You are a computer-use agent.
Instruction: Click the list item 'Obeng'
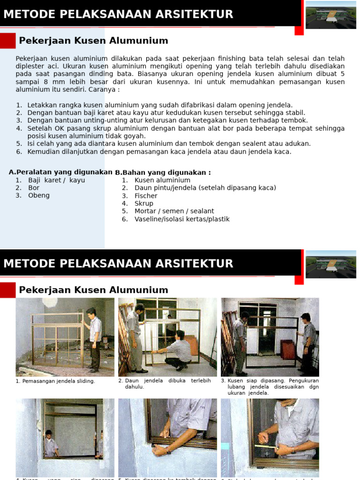click(x=39, y=195)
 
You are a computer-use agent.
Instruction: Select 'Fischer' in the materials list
click(x=146, y=195)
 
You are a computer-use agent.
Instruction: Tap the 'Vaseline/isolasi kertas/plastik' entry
click(x=182, y=219)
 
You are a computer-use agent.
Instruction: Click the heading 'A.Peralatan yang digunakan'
click(x=60, y=172)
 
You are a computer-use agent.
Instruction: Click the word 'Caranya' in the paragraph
click(x=101, y=89)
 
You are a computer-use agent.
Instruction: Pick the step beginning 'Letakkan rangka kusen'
click(x=160, y=105)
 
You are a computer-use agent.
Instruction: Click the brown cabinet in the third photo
click(x=287, y=349)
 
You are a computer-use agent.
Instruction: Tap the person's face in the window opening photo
click(x=48, y=434)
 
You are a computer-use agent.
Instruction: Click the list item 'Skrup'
click(x=144, y=203)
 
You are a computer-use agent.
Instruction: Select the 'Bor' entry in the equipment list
click(x=34, y=188)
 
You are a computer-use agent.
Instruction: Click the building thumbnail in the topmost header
click(x=330, y=15)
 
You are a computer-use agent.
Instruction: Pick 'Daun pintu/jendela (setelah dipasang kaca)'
click(x=205, y=188)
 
